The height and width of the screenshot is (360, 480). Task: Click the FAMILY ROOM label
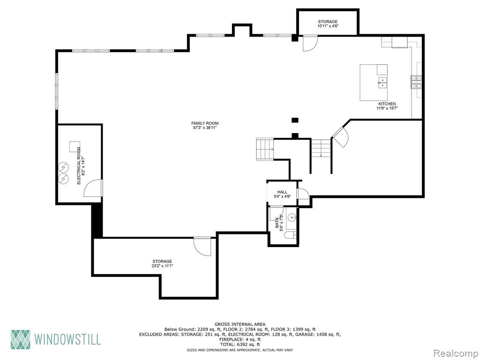(205, 123)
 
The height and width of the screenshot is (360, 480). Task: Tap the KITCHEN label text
(387, 104)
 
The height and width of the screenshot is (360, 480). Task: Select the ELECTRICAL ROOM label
(79, 166)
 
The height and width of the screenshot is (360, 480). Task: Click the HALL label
(282, 192)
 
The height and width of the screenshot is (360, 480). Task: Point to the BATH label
(277, 223)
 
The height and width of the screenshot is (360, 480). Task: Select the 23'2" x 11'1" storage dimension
(162, 266)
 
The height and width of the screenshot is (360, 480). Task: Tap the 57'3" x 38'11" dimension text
(205, 127)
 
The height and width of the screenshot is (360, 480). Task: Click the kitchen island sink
(382, 82)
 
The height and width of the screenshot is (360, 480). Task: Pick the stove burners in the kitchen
(416, 82)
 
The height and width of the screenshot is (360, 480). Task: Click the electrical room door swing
(93, 188)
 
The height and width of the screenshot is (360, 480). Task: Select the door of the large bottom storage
(202, 247)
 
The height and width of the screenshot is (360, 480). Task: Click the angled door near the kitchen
(340, 137)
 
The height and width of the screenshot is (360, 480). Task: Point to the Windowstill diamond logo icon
(21, 339)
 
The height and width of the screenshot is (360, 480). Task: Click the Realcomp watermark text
(455, 353)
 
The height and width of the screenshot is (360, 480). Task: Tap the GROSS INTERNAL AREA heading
(240, 324)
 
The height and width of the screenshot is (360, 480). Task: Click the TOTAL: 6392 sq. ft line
(240, 344)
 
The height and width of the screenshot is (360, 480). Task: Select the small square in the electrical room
(75, 147)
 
